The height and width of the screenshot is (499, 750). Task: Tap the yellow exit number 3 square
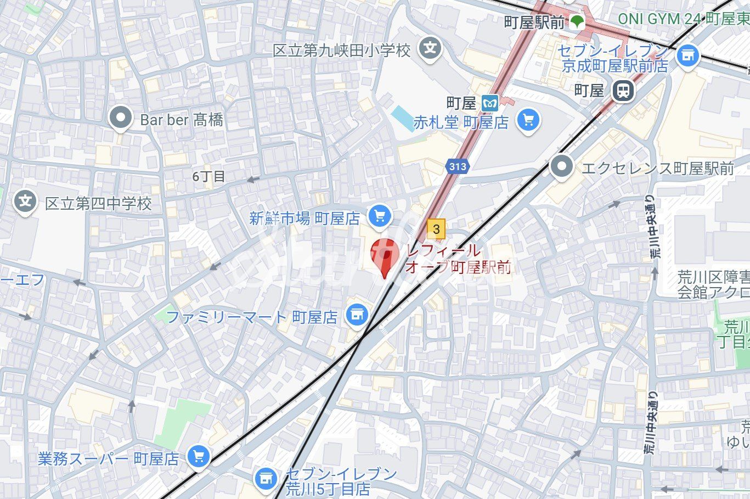point(436,229)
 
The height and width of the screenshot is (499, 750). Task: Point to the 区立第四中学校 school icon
point(25,202)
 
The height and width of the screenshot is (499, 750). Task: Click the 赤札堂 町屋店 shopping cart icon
point(528,120)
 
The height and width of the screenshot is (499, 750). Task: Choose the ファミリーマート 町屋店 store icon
point(357,315)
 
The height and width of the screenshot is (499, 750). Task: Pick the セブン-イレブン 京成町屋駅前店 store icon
point(688,55)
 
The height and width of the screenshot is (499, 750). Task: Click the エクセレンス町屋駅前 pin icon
point(561,166)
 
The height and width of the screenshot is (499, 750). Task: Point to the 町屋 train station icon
point(623,90)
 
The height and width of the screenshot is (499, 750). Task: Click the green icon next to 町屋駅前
point(577,22)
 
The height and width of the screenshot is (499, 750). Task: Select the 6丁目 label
point(208,177)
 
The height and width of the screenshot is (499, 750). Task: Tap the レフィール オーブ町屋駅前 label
point(458,259)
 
